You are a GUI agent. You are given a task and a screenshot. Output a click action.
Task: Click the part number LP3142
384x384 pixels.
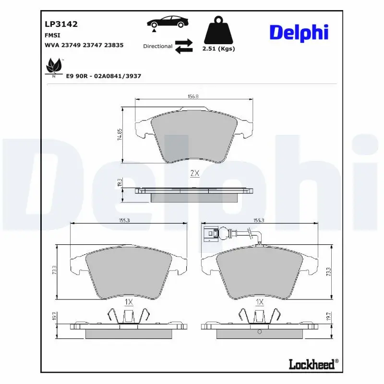tap(61, 24)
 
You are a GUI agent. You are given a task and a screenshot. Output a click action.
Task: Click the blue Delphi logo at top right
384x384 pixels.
tap(299, 32)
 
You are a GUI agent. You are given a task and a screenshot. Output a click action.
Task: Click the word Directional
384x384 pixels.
tap(157, 47)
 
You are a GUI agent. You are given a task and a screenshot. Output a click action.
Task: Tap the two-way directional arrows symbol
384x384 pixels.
tap(183, 47)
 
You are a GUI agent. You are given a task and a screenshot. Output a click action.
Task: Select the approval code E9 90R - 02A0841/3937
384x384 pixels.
tap(103, 76)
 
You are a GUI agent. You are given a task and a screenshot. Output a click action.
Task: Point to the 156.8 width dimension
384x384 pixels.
tap(194, 96)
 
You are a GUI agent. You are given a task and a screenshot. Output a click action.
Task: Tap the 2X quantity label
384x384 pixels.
tap(194, 174)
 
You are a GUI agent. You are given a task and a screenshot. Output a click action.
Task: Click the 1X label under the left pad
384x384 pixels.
tap(129, 302)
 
